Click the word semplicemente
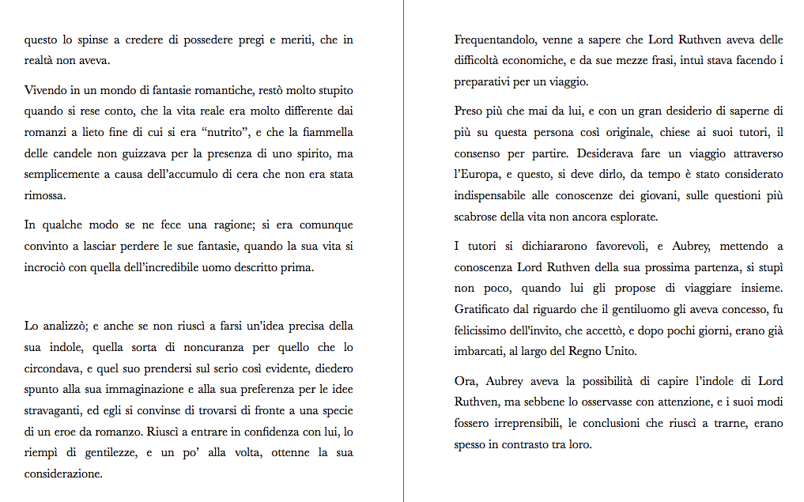[x=63, y=174]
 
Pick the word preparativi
[x=485, y=81]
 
